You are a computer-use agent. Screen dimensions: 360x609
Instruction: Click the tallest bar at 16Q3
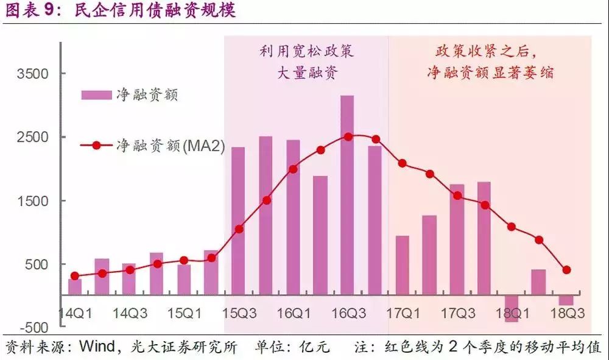347,195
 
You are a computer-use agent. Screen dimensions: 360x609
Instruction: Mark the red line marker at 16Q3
348,136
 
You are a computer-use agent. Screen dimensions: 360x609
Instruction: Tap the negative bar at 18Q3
566,300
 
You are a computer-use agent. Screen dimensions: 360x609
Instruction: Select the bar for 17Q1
402,265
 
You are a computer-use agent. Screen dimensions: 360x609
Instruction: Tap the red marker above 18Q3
566,270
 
